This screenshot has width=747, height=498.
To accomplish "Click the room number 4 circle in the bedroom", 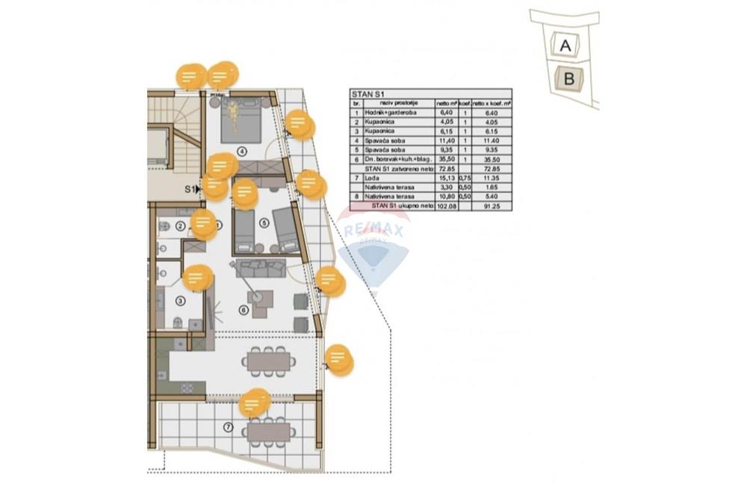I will (242, 151).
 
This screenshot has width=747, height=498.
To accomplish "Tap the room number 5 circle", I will (264, 222).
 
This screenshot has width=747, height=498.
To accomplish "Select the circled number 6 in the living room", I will (243, 310).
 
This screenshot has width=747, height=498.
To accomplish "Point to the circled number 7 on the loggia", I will (229, 427).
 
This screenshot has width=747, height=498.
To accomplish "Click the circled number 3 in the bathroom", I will (180, 301).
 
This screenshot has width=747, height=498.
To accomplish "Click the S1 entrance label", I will (191, 190).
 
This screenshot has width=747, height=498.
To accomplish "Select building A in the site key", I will (565, 46).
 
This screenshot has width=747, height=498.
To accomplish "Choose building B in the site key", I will (568, 78).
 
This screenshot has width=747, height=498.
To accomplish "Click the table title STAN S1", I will (368, 94).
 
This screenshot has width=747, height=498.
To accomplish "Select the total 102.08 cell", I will (446, 205).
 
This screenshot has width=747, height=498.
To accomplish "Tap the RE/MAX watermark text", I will (373, 231).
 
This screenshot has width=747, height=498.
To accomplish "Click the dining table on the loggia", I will (268, 432).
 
